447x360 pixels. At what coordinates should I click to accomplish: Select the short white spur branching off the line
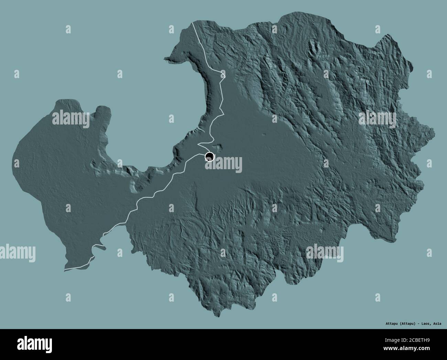(99, 246)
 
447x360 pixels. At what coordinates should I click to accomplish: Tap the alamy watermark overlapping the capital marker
(224, 163)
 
